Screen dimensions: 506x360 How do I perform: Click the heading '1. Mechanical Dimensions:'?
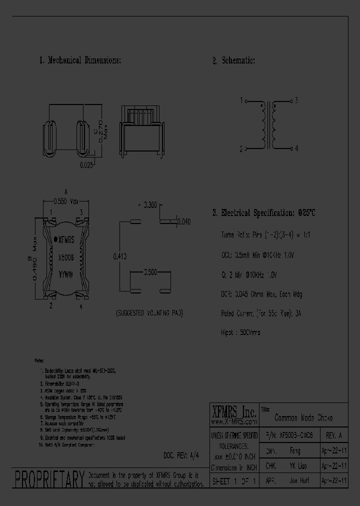click(x=80, y=60)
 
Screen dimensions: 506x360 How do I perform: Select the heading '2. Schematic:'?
click(x=233, y=60)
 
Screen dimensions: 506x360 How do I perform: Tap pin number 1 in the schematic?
click(x=241, y=100)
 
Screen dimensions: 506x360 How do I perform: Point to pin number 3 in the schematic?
click(x=296, y=100)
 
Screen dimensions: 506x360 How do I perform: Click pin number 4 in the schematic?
click(x=296, y=148)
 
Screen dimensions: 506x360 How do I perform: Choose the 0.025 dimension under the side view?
click(x=86, y=164)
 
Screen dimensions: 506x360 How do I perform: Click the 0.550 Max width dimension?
click(x=66, y=201)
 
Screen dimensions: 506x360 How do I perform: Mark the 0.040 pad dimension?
click(x=184, y=221)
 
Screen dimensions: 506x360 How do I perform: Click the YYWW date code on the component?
click(x=66, y=274)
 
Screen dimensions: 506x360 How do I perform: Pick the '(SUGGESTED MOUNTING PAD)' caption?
click(x=149, y=313)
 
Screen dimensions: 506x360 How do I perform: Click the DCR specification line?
click(x=261, y=294)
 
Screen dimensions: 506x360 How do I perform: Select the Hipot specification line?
click(x=240, y=332)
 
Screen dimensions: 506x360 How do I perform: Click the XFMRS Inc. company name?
click(x=234, y=412)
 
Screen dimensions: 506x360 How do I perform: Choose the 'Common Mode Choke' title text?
click(x=303, y=417)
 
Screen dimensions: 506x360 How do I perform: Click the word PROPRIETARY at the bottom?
click(x=48, y=479)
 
